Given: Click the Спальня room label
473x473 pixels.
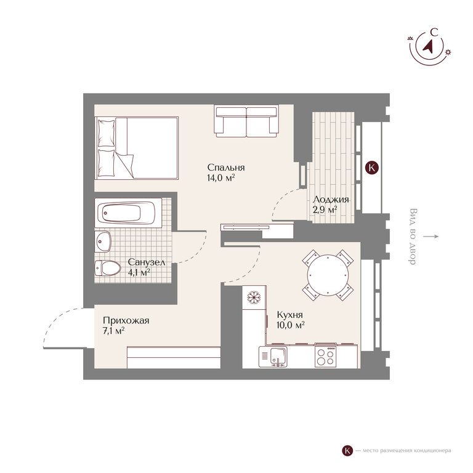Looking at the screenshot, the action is (x=226, y=168).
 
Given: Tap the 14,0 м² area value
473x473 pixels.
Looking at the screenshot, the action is (x=221, y=177).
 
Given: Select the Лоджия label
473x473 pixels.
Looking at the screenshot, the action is (x=331, y=200).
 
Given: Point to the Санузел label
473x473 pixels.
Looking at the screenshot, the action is (x=147, y=262).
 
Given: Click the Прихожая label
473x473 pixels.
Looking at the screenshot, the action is (x=126, y=320).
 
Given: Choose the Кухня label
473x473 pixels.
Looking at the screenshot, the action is (x=289, y=315).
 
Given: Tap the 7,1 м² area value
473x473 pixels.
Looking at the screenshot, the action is (x=114, y=331).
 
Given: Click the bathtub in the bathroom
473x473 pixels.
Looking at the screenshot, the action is (x=128, y=212).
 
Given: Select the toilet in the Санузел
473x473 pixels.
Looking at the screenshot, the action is (x=107, y=268).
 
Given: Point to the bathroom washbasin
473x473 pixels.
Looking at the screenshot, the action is (x=103, y=241).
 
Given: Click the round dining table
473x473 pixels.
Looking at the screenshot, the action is (x=328, y=275).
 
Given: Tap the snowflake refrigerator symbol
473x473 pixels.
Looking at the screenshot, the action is (x=254, y=297).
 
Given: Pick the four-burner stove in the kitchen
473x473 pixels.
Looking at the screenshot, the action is (x=325, y=357).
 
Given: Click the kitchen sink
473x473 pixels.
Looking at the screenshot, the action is (x=278, y=357).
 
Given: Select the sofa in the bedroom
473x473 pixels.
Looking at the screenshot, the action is (x=246, y=119).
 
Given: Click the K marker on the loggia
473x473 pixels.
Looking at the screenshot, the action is (x=371, y=167).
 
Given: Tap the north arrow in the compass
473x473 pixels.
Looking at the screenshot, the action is (x=429, y=45).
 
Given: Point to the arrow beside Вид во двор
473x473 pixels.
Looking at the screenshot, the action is (x=431, y=236).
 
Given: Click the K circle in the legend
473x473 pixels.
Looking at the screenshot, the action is (x=347, y=451).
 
